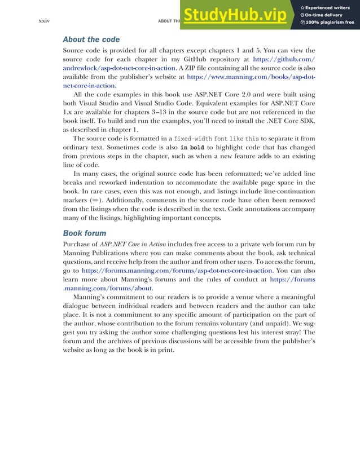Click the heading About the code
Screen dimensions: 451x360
[x=91, y=39]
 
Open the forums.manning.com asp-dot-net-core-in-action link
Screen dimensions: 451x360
[x=177, y=271]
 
